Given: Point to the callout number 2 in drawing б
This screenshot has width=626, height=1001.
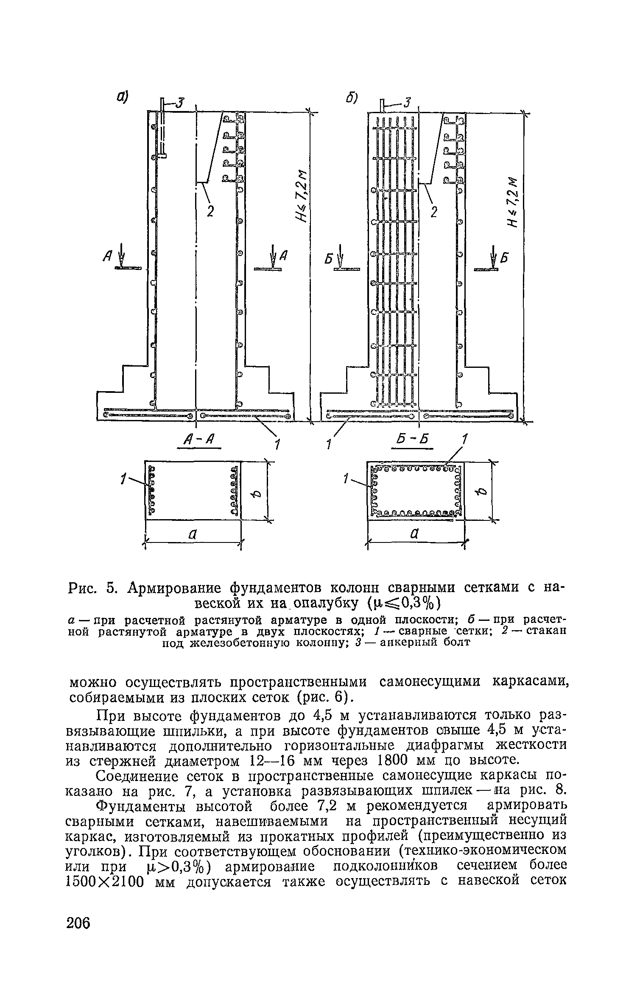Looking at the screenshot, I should coord(433,211).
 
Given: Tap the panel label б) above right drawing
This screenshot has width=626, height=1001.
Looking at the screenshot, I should coord(351,98).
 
